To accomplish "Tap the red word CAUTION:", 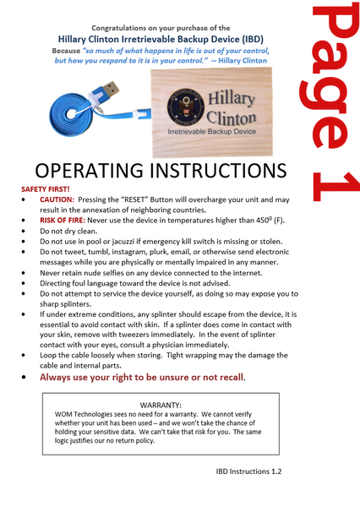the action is (x=57, y=199).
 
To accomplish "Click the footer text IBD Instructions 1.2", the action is (x=248, y=470).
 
